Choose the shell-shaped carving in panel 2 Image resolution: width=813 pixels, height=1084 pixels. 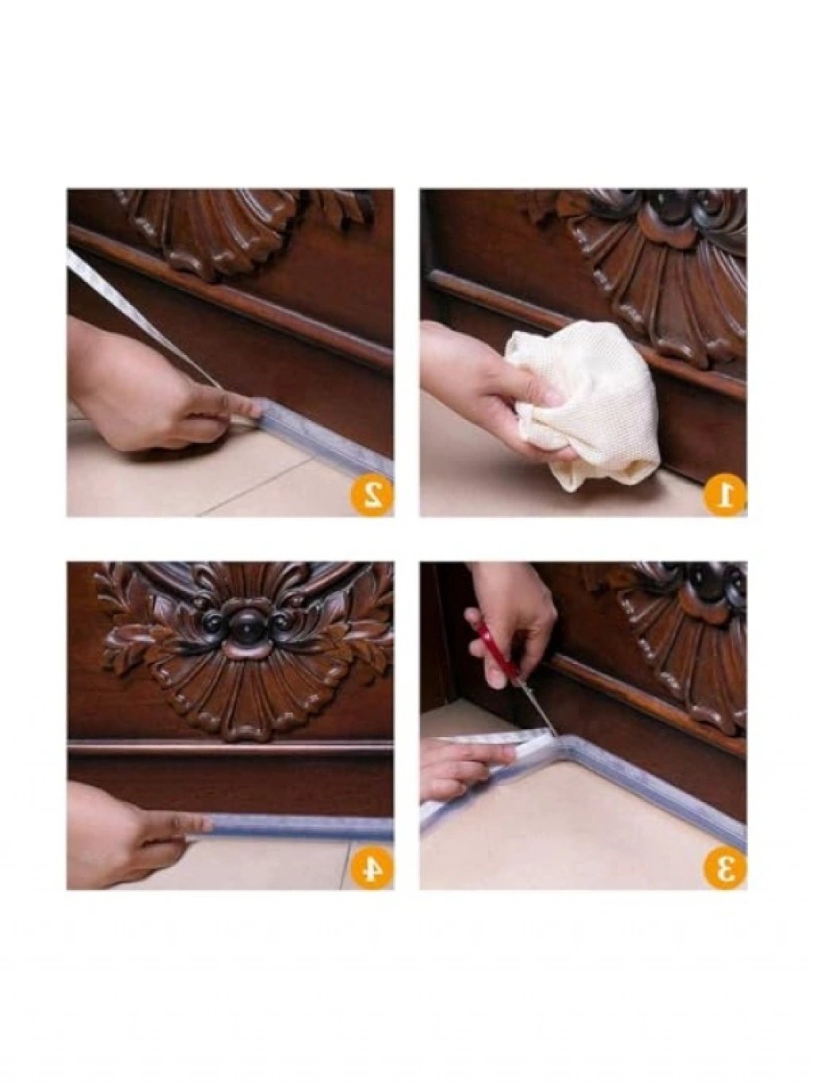coord(207,232)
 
